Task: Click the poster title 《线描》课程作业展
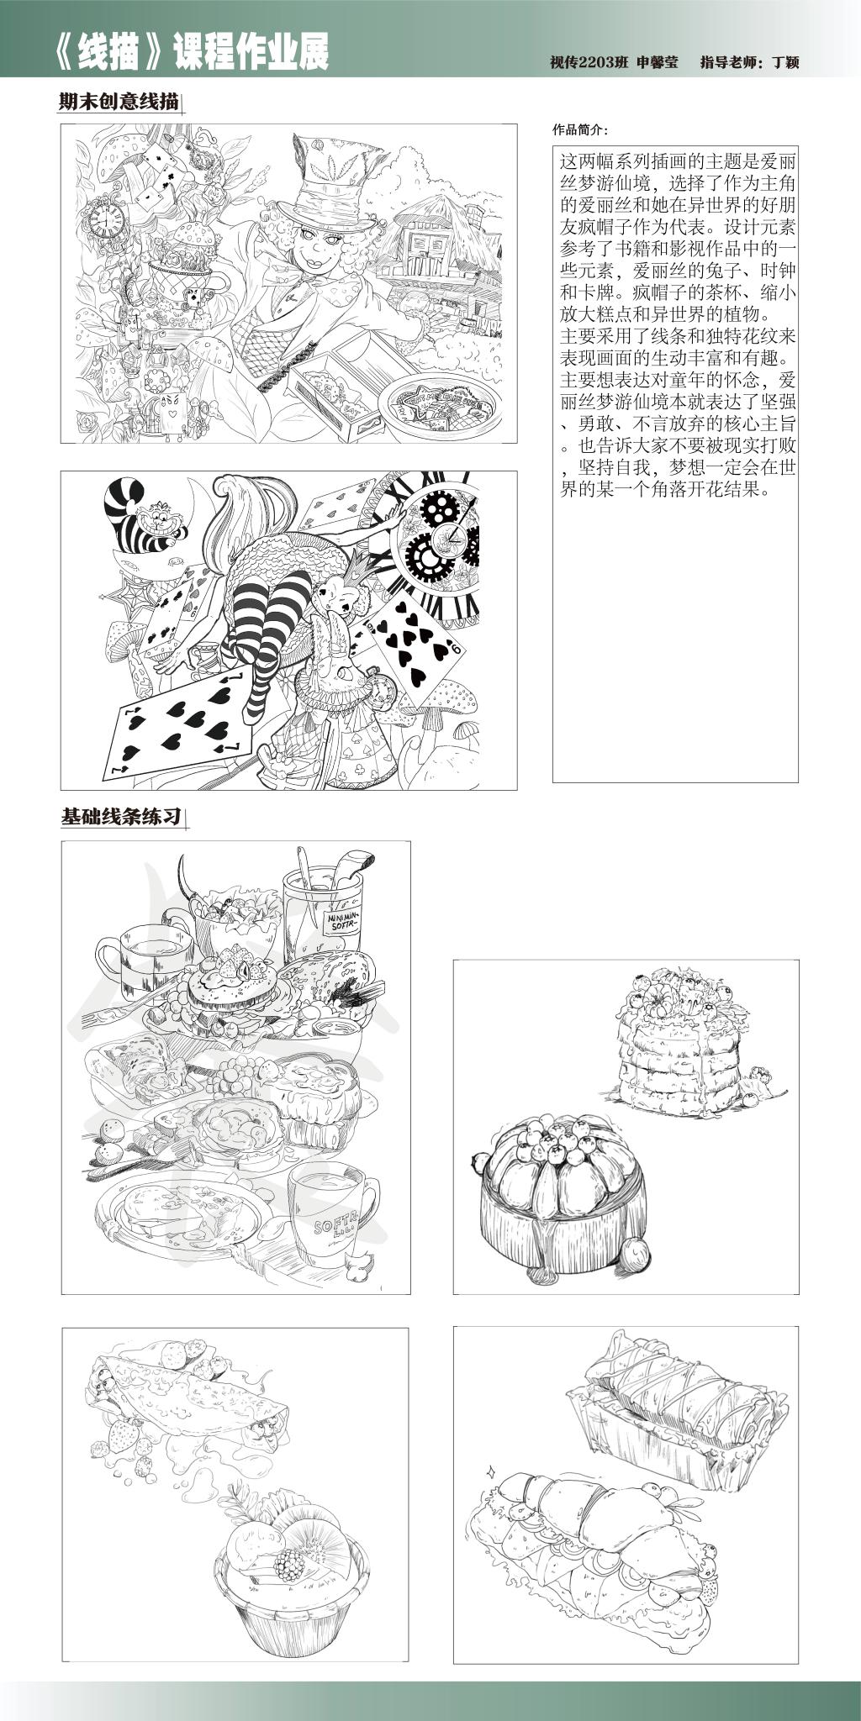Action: tap(190, 52)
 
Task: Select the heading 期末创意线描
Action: tap(119, 103)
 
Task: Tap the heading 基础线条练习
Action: tap(122, 817)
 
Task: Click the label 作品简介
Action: tap(579, 130)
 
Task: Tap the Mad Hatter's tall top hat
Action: tap(333, 171)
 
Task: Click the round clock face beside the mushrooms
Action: tap(107, 221)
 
